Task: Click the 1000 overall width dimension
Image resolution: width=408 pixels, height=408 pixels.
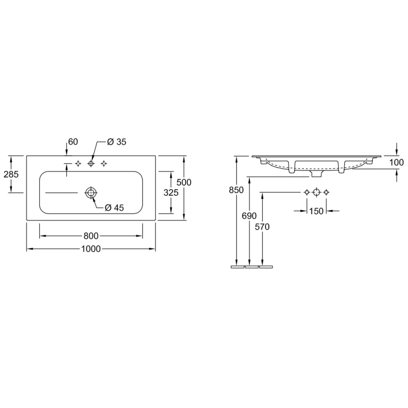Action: coord(91,249)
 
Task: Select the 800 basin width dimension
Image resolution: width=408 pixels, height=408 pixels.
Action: coord(91,236)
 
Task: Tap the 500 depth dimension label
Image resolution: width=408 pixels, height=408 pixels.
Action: coord(184,183)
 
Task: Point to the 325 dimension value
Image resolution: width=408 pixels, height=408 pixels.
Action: coord(171,193)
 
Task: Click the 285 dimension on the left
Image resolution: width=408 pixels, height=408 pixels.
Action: coord(11,174)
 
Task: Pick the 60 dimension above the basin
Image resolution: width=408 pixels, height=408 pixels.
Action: coord(73,142)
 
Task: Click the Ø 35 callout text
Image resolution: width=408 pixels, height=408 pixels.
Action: coord(117,142)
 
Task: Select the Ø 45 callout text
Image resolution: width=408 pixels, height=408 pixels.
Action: coord(114,208)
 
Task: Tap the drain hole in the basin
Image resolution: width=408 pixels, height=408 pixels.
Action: coord(91,193)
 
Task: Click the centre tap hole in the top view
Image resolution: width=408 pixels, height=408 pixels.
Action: coord(91,163)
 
